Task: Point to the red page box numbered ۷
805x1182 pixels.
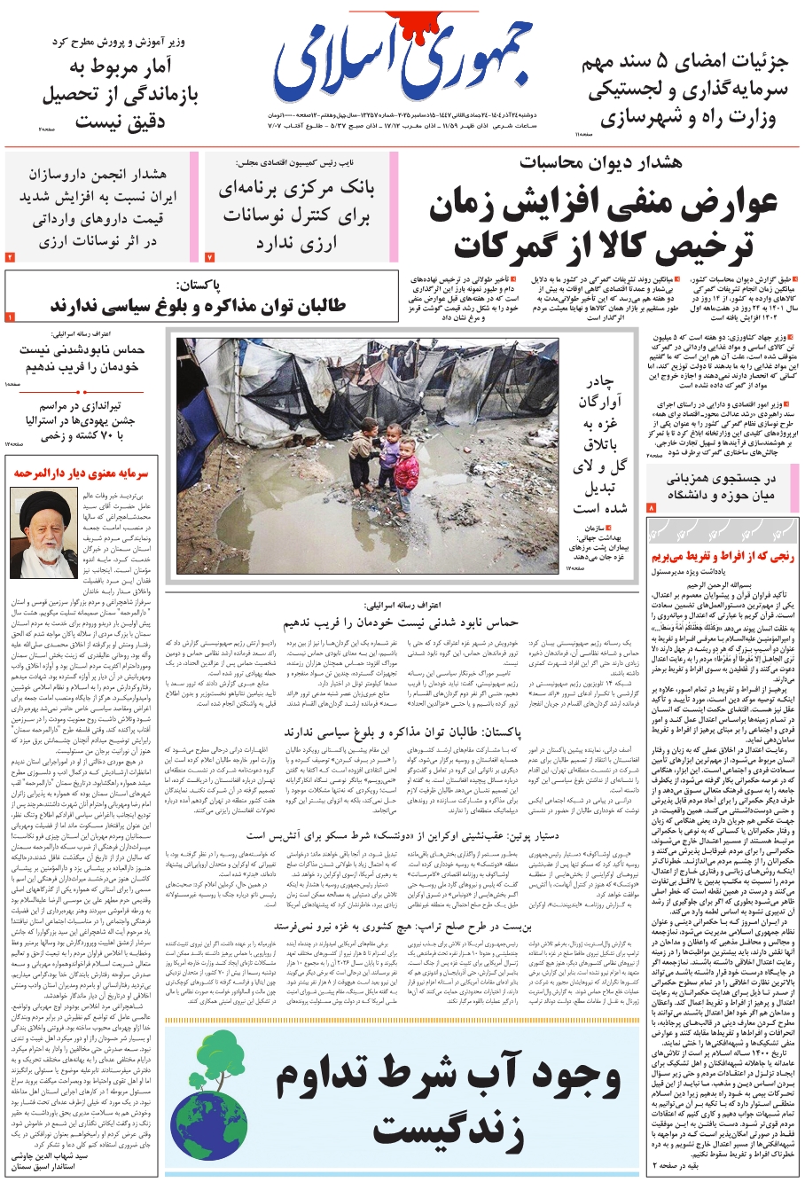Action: [x=210, y=257]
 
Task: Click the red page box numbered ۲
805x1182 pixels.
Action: [x=10, y=257]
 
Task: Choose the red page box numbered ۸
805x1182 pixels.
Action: [x=651, y=508]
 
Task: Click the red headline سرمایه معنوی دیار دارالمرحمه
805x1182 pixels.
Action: [x=81, y=474]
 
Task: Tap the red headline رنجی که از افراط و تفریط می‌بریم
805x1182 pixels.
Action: [x=723, y=557]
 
